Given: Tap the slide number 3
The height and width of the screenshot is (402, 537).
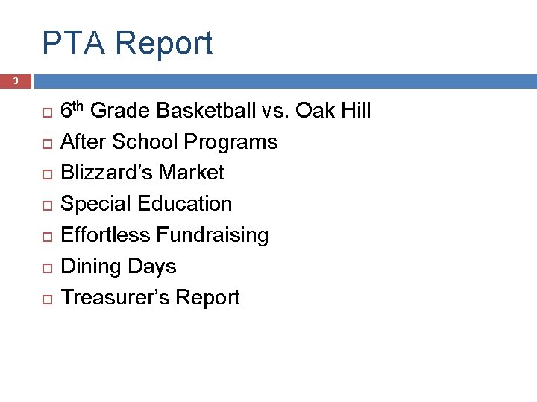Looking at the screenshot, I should pyautogui.click(x=15, y=81).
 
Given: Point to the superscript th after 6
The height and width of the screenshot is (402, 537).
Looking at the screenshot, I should pyautogui.click(x=78, y=106).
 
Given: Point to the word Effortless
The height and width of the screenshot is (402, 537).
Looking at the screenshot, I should pyautogui.click(x=105, y=235).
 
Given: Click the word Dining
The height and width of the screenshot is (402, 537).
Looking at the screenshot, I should pyautogui.click(x=88, y=267).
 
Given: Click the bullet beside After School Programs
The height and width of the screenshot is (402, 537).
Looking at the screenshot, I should pyautogui.click(x=45, y=143).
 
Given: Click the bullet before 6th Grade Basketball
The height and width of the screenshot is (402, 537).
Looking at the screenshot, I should pyautogui.click(x=45, y=112).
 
